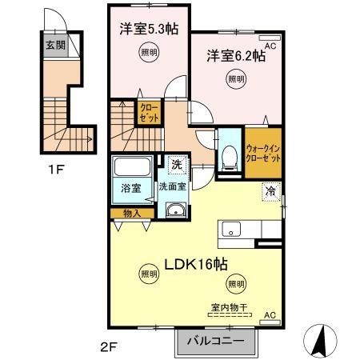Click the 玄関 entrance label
coord(50,44)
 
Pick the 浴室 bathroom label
coord(131,190)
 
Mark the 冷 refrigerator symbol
coord(270,193)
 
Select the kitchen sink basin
coord(232,230)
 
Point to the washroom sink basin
coord(175,210)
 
